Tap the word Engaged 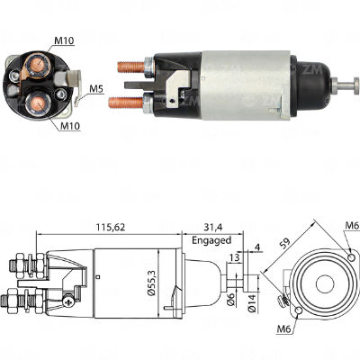click(211, 241)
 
